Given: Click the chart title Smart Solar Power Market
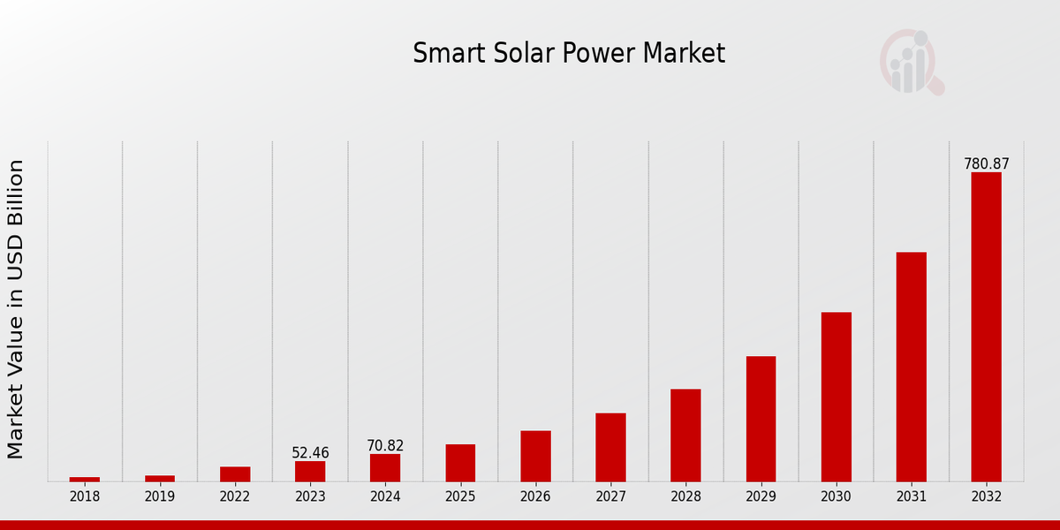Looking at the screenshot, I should pyautogui.click(x=569, y=54).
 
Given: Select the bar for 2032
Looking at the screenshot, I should pyautogui.click(x=986, y=327).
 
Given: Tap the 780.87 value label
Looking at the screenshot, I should pyautogui.click(x=986, y=164).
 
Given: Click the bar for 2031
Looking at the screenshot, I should pyautogui.click(x=911, y=367).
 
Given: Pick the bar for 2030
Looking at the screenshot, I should pyautogui.click(x=836, y=397).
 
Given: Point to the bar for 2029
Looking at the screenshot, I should pyautogui.click(x=761, y=419).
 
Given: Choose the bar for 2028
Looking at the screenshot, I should pyautogui.click(x=685, y=435).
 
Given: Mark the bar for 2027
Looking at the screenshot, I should pyautogui.click(x=610, y=447).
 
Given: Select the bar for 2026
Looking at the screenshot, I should pyautogui.click(x=535, y=456).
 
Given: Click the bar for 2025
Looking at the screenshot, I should pyautogui.click(x=460, y=463).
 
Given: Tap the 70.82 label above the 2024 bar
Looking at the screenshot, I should pyautogui.click(x=385, y=446).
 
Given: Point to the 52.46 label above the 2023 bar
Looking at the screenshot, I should pyautogui.click(x=310, y=453).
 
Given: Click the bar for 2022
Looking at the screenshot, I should pyautogui.click(x=235, y=474).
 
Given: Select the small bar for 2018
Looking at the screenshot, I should pyautogui.click(x=85, y=479).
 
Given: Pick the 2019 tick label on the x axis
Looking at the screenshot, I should pyautogui.click(x=160, y=496).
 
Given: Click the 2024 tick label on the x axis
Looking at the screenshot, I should pyautogui.click(x=385, y=496).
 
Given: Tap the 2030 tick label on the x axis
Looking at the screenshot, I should pyautogui.click(x=836, y=496).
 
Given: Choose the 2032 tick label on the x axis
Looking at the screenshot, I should pyautogui.click(x=986, y=496).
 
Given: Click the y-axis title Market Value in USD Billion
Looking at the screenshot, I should pyautogui.click(x=16, y=309).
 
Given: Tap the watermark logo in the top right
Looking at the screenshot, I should pyautogui.click(x=911, y=62).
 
